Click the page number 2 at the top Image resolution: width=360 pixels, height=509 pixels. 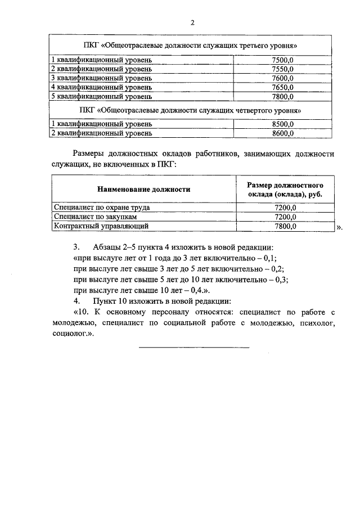(192, 23)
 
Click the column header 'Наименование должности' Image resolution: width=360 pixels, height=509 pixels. (143, 190)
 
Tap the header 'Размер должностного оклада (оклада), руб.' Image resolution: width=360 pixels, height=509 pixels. (284, 190)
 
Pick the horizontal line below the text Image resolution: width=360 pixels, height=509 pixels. (193, 346)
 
